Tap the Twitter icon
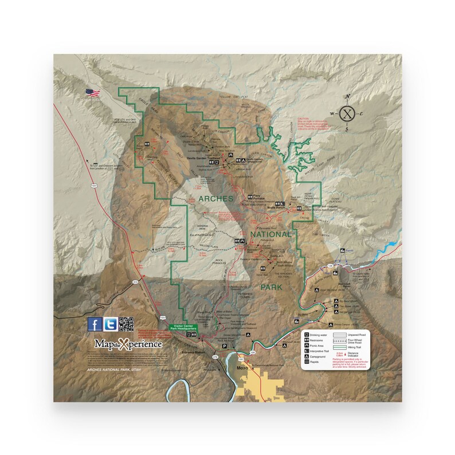tap(111, 324)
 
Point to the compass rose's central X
tap(346, 113)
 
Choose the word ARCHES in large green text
tap(215, 198)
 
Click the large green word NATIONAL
tap(271, 234)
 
